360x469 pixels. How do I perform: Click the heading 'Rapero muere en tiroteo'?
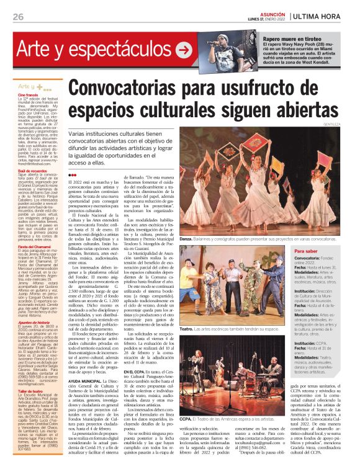tap(289, 38)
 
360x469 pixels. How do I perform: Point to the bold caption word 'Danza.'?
tap(186, 238)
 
